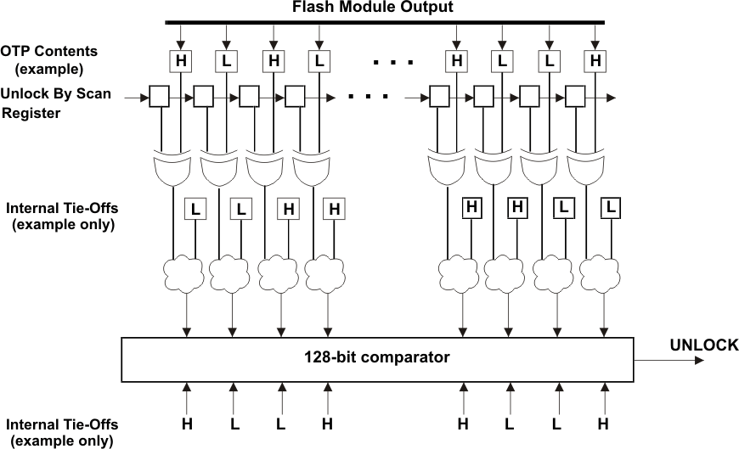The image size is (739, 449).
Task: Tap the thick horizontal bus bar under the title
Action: click(x=385, y=22)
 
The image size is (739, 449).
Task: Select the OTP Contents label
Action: click(x=48, y=52)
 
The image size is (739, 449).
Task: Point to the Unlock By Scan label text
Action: click(x=56, y=93)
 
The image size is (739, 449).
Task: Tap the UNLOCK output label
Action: click(x=703, y=345)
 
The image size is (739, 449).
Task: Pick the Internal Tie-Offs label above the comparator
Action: click(x=62, y=208)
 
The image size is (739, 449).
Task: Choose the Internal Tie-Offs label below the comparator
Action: click(x=62, y=424)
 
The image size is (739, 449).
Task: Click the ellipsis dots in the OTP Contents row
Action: click(x=392, y=62)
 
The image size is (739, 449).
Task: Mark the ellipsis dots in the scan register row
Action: click(x=367, y=97)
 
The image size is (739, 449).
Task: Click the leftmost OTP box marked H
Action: click(x=180, y=61)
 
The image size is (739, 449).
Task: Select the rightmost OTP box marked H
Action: click(x=595, y=61)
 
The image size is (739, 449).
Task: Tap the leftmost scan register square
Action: click(x=159, y=97)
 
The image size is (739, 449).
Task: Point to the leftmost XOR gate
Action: click(x=172, y=171)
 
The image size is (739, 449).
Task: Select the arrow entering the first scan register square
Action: click(x=136, y=98)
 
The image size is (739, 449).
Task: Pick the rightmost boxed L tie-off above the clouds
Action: click(x=610, y=206)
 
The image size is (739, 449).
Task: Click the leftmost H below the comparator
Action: click(x=185, y=422)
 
